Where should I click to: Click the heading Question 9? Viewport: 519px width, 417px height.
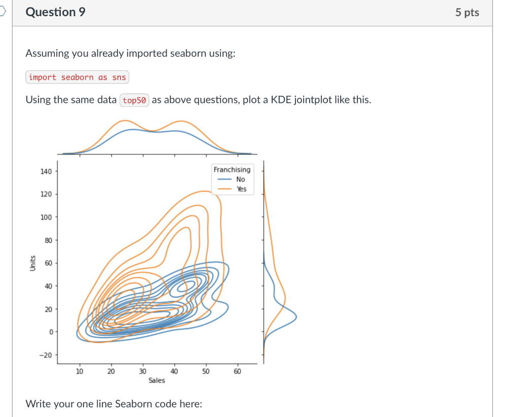[x=56, y=12]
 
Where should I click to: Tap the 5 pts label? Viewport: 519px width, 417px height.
[x=467, y=13]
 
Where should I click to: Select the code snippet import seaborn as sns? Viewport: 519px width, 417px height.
[x=77, y=77]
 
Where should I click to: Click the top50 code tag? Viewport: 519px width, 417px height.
[x=134, y=100]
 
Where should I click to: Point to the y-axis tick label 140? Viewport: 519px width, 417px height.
[x=46, y=171]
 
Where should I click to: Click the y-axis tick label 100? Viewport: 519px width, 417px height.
[x=46, y=217]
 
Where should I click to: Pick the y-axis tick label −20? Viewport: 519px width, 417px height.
[x=46, y=355]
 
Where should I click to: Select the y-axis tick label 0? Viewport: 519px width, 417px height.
[x=51, y=332]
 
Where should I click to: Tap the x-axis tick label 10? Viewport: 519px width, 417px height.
[x=80, y=371]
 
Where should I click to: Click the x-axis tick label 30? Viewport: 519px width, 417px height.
[x=142, y=371]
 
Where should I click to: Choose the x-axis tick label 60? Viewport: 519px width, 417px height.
[x=237, y=371]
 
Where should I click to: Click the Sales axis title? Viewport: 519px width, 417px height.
[x=157, y=381]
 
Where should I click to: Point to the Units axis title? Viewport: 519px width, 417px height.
[x=32, y=263]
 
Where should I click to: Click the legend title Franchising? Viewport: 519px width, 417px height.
[x=232, y=170]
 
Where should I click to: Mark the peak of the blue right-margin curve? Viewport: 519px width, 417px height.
[x=296, y=317]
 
